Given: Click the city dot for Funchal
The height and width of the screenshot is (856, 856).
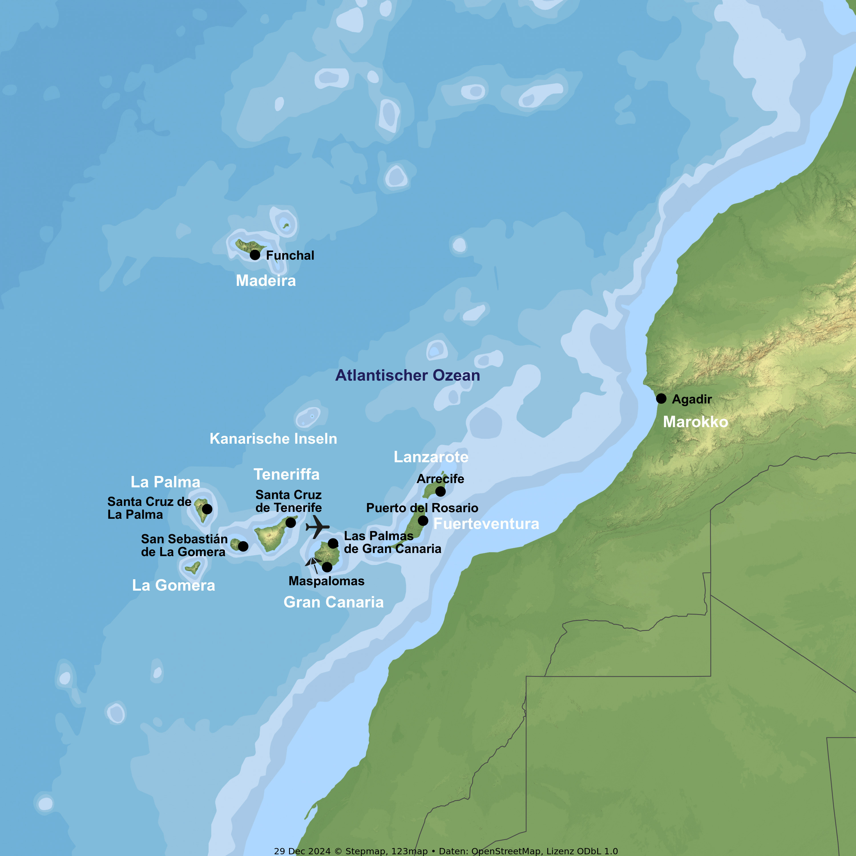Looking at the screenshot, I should (255, 255).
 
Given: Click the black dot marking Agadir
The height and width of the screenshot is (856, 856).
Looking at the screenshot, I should (661, 398).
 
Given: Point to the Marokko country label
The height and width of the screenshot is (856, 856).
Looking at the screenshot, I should (695, 422).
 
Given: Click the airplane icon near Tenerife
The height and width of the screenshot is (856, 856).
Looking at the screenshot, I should (317, 526).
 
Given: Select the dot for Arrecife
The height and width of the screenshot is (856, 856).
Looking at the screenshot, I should (440, 491).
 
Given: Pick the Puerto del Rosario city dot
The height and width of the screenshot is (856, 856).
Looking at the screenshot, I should (423, 521).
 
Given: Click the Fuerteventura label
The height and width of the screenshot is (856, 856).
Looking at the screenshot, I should (486, 524).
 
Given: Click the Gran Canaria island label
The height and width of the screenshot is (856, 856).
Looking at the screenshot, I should (333, 602).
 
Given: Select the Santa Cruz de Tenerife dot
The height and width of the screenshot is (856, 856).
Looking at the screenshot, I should (291, 523).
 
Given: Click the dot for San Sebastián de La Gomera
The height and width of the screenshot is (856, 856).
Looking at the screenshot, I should (243, 546).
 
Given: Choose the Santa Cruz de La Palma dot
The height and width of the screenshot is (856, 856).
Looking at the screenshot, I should (207, 509).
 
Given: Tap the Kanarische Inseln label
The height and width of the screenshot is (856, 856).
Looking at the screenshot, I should (273, 439).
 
